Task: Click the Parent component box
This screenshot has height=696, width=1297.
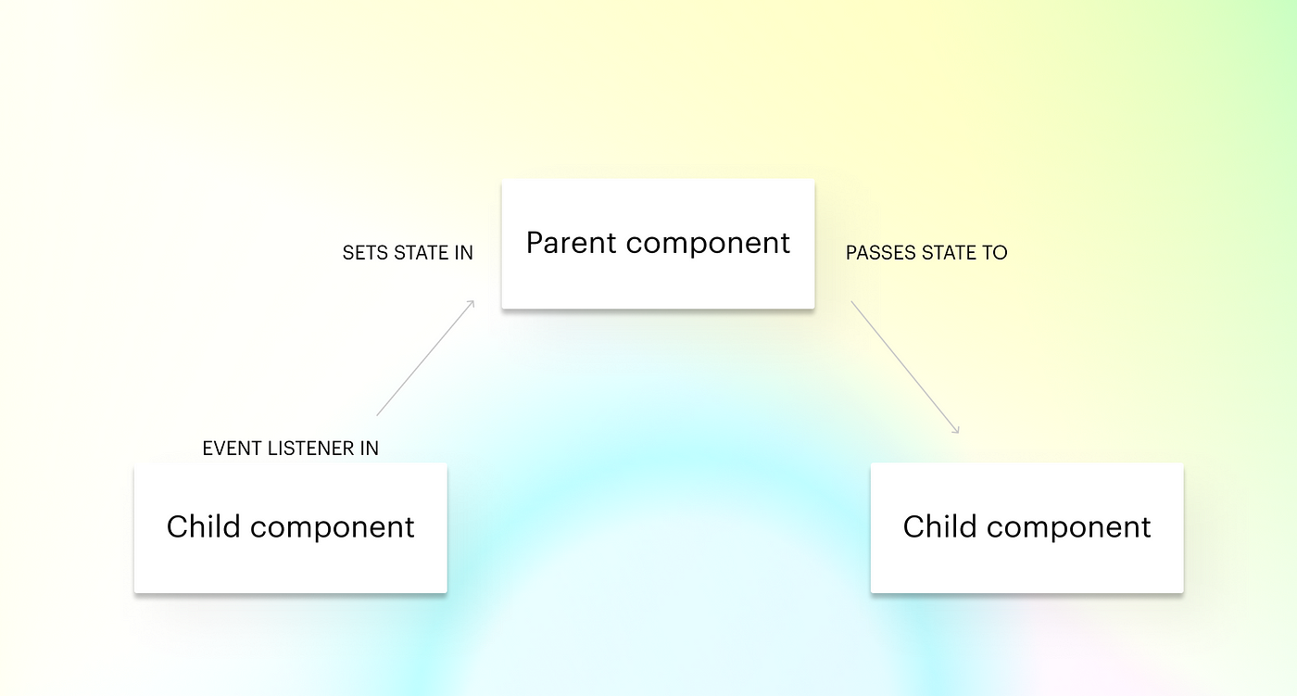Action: (658, 244)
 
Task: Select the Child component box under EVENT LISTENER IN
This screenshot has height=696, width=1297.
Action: (291, 528)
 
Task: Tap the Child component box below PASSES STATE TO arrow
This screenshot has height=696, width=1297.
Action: (1027, 528)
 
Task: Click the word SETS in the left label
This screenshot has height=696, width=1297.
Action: (365, 253)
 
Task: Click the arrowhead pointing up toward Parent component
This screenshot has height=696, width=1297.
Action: (471, 304)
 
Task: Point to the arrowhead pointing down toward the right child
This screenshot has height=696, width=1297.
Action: (955, 429)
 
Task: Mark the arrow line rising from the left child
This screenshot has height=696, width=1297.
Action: (425, 358)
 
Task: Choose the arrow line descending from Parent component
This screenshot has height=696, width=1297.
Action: (905, 367)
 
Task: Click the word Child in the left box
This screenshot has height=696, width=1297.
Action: (203, 526)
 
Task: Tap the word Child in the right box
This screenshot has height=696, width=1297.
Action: (939, 526)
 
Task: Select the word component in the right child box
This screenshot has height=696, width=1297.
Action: (1069, 529)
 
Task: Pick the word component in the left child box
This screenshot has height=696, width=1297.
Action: (333, 529)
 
